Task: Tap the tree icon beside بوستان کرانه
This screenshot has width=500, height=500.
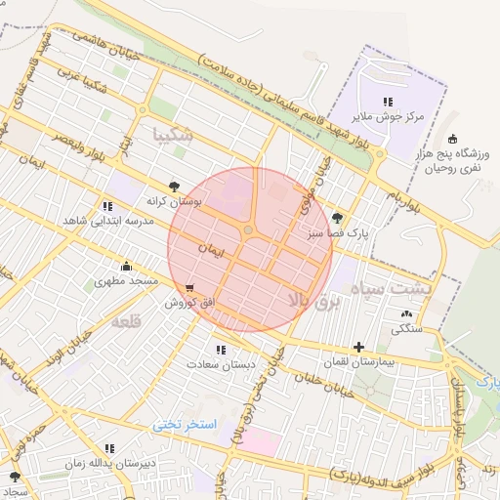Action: [x=174, y=185]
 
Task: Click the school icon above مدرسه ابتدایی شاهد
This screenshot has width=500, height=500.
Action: [x=106, y=206]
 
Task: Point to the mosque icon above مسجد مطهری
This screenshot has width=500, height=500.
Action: [x=126, y=266]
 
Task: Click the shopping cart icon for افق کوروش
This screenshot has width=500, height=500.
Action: [x=188, y=288]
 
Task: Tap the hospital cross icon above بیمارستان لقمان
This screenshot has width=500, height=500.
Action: [x=359, y=347]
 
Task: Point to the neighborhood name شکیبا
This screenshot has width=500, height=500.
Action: [x=174, y=134]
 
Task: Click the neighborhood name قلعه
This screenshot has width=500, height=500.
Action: [x=127, y=321]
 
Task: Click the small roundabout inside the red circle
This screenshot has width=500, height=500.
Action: [x=249, y=230]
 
